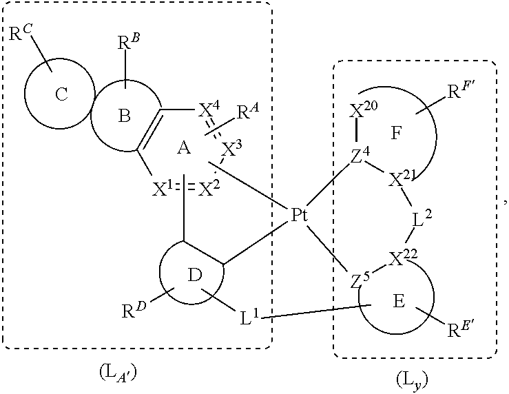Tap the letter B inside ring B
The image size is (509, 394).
pos(124,116)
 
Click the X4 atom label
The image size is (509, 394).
pos(207,110)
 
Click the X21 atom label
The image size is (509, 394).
pos(400,180)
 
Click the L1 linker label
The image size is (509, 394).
pos(250,318)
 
